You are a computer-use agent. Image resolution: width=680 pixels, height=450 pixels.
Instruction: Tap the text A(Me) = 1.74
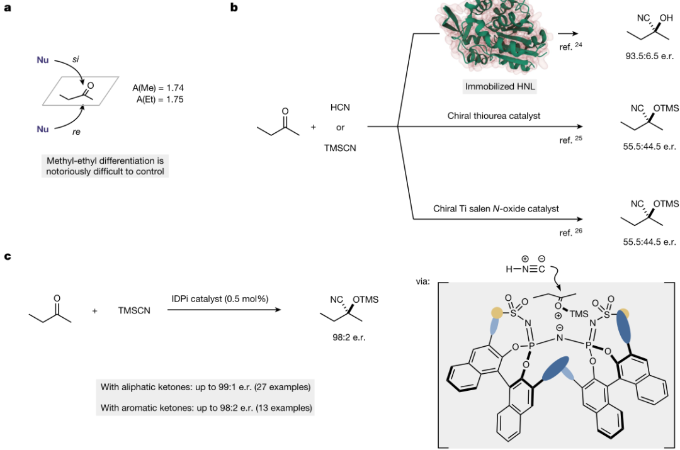(158, 88)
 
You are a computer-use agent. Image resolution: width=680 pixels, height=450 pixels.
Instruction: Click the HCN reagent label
(340, 108)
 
